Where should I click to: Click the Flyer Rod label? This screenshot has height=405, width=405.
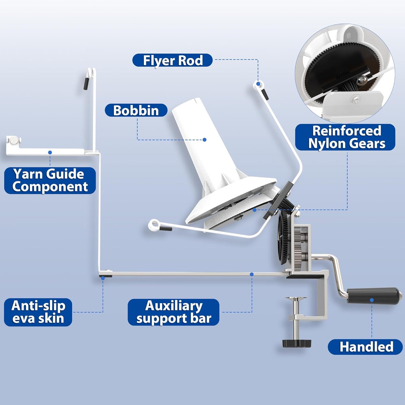click(172, 60)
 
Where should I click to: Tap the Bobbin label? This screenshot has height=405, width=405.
click(136, 110)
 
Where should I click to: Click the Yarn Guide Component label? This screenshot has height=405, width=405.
click(50, 180)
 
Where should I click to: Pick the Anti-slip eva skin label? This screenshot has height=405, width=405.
click(38, 312)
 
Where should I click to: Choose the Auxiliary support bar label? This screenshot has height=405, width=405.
click(173, 312)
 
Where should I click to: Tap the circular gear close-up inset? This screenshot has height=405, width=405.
click(345, 73)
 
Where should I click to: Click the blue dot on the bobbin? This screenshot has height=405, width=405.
click(205, 140)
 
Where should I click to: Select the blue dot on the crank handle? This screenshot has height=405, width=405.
click(372, 300)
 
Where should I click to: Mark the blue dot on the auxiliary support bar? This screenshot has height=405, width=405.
click(252, 274)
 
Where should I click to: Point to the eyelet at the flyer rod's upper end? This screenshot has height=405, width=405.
click(258, 84)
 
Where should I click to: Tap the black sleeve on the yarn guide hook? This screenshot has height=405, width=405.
click(86, 84)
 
